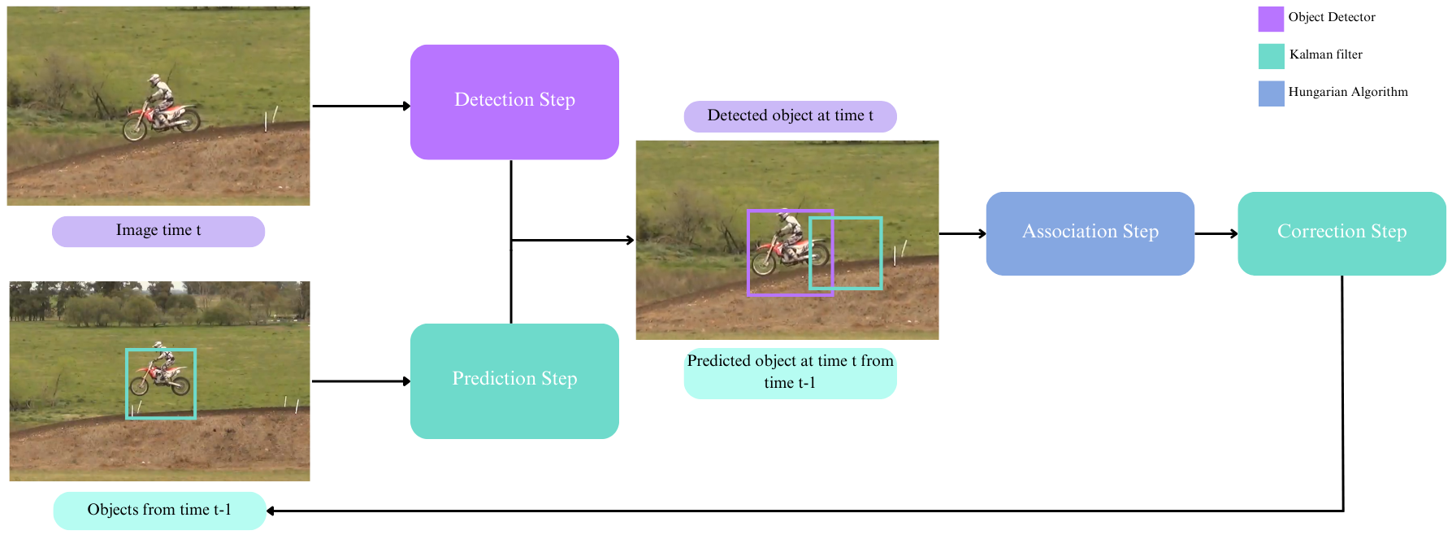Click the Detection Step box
pyautogui.click(x=514, y=102)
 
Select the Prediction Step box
pyautogui.click(x=514, y=381)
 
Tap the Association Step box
pyautogui.click(x=1090, y=233)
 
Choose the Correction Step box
pyautogui.click(x=1341, y=233)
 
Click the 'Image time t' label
pyautogui.click(x=158, y=231)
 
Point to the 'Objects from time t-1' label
pyautogui.click(x=159, y=511)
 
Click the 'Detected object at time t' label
pyautogui.click(x=790, y=116)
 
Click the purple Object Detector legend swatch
pyautogui.click(x=1271, y=19)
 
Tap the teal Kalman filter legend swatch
pyautogui.click(x=1271, y=56)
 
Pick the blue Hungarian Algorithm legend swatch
pyautogui.click(x=1271, y=94)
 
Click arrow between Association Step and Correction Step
pyautogui.click(x=1216, y=233)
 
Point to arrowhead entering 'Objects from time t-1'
pyautogui.click(x=271, y=511)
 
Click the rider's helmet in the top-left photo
pyautogui.click(x=154, y=79)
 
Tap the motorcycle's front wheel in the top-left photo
pyautogui.click(x=134, y=128)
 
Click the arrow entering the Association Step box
pyautogui.click(x=963, y=233)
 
